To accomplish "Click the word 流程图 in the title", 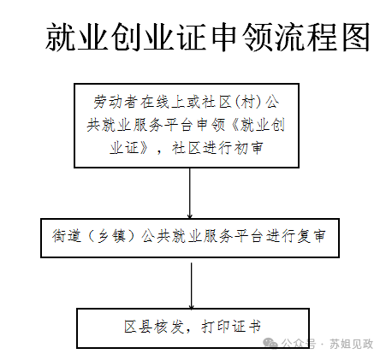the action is (x=322, y=37).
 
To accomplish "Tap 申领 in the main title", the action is (x=241, y=37).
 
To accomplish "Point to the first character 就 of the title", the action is (x=61, y=37).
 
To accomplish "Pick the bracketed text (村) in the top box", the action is (x=247, y=102).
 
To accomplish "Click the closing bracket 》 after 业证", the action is (x=144, y=148).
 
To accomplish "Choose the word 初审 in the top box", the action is (x=248, y=148).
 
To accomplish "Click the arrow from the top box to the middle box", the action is (x=190, y=193).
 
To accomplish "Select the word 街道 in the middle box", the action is (x=67, y=236).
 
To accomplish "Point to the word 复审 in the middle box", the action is (x=311, y=236).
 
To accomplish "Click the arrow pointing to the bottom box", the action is (x=192, y=286).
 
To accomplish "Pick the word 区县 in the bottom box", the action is (x=138, y=327).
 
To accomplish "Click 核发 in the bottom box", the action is (x=169, y=327).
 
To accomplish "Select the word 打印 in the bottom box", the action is (x=216, y=327).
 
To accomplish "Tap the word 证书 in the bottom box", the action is (x=246, y=327).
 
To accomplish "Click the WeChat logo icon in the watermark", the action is (x=270, y=343).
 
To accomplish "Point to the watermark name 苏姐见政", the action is (x=352, y=344).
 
